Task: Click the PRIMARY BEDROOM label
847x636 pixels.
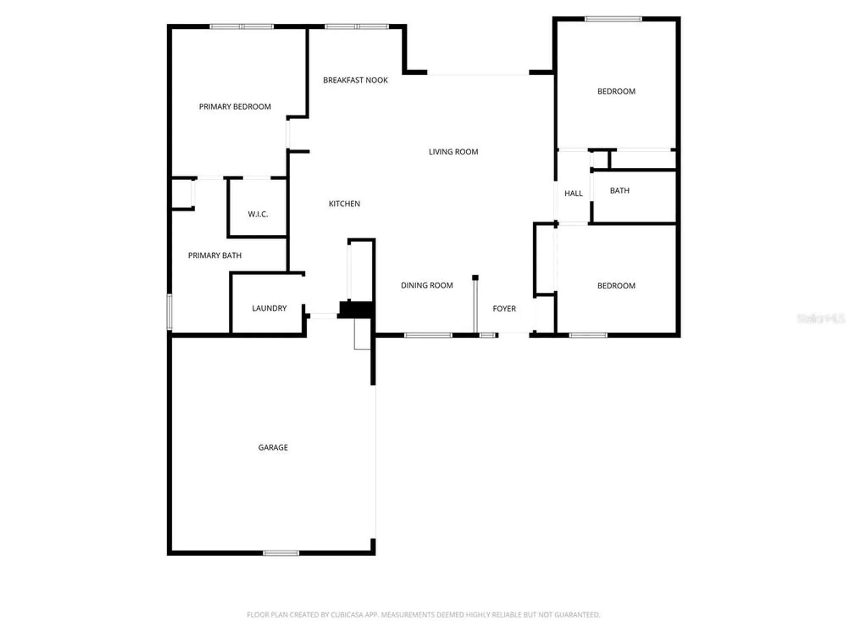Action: [235, 107]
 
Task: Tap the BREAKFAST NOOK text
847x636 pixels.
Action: [355, 80]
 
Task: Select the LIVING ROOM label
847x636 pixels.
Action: [453, 152]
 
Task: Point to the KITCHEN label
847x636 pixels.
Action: [344, 204]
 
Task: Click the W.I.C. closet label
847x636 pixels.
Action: [257, 214]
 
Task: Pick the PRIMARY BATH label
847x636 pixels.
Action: [215, 255]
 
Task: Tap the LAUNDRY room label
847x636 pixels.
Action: [269, 308]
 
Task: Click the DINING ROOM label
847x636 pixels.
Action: [427, 285]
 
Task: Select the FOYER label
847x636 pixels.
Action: [504, 309]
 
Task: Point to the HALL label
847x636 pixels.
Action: [573, 193]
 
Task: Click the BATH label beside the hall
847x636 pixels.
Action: [620, 191]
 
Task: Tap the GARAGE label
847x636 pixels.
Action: [273, 447]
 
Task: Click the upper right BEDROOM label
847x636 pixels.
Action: [616, 92]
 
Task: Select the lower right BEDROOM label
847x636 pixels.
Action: [616, 286]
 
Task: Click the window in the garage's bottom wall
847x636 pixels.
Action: [281, 553]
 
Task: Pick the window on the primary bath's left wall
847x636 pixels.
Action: [169, 312]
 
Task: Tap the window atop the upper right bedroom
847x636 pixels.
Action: [613, 19]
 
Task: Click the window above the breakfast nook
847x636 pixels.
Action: [357, 27]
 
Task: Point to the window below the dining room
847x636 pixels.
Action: [428, 335]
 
